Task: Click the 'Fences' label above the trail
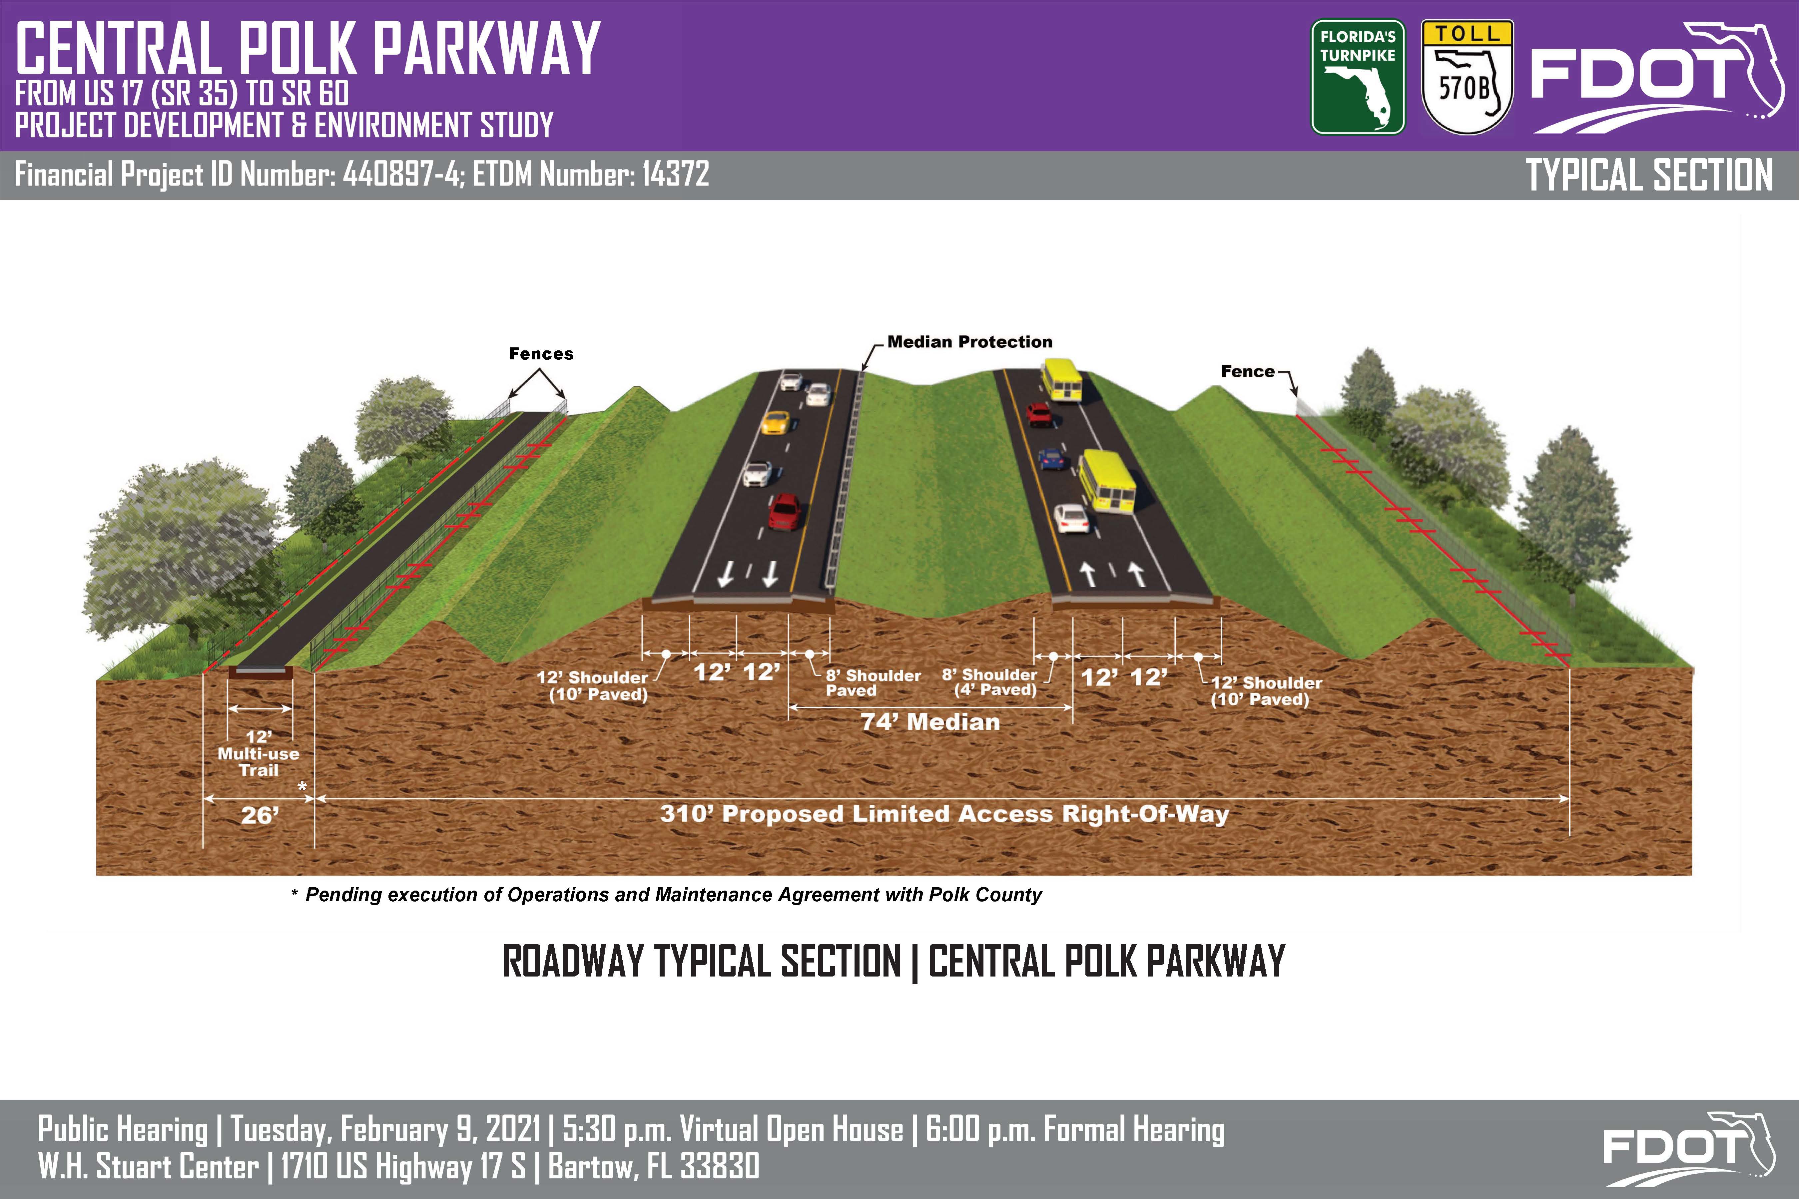coord(541,354)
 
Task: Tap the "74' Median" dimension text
coord(930,722)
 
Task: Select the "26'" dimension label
coord(260,816)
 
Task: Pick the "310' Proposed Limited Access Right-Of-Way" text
coord(944,814)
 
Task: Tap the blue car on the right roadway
coord(1051,459)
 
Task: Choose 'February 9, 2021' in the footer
coord(440,1129)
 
